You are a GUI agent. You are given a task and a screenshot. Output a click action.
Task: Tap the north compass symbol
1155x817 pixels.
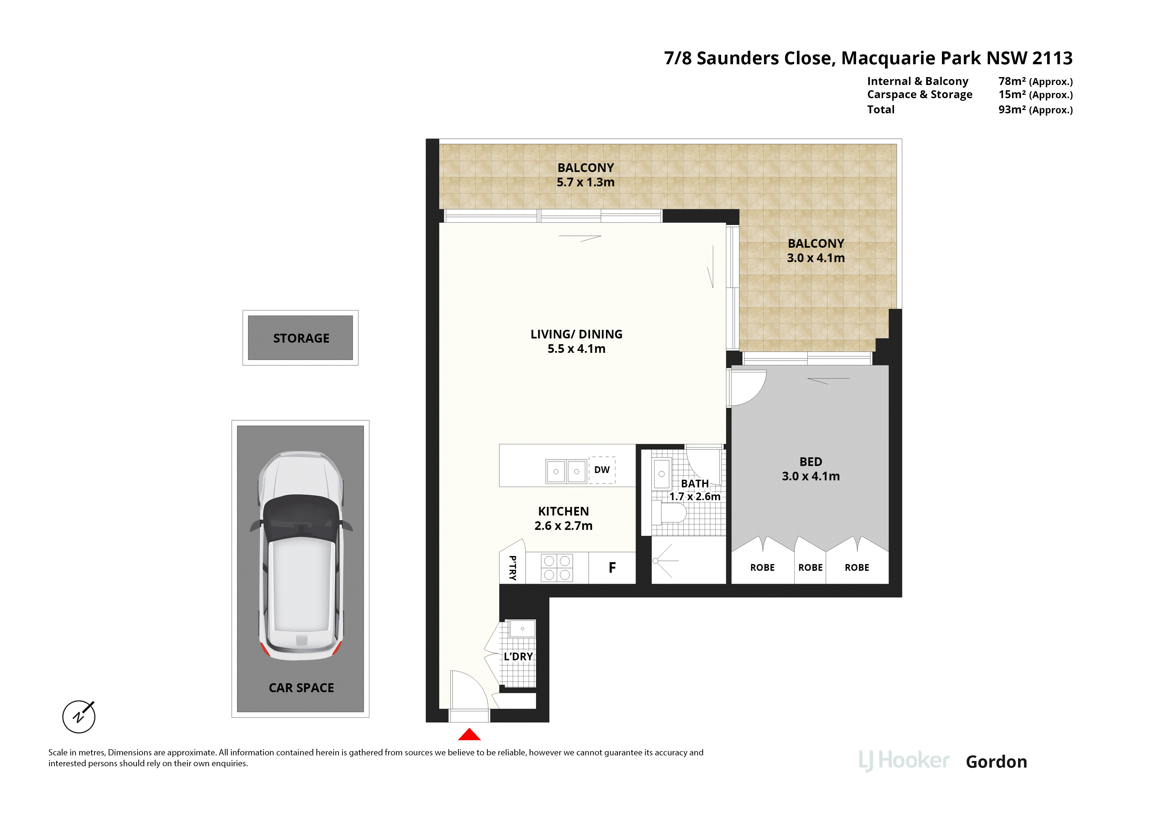pyautogui.click(x=79, y=716)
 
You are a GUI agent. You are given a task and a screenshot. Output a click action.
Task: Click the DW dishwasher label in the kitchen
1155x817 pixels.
pyautogui.click(x=602, y=470)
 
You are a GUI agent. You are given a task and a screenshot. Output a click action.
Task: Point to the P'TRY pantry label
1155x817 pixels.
pyautogui.click(x=513, y=568)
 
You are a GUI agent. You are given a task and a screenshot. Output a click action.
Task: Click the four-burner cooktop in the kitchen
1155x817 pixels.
pyautogui.click(x=557, y=568)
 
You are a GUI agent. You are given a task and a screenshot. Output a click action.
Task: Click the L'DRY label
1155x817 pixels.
pyautogui.click(x=518, y=657)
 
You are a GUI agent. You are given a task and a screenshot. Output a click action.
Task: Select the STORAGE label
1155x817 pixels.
pyautogui.click(x=301, y=338)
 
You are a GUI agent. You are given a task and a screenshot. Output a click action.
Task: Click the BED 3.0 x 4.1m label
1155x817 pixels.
pyautogui.click(x=811, y=469)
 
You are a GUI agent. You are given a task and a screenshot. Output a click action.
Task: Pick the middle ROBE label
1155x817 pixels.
pyautogui.click(x=810, y=567)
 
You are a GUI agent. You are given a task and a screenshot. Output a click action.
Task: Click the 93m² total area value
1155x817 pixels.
pyautogui.click(x=1012, y=109)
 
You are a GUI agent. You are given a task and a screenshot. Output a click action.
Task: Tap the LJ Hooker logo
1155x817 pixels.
pyautogui.click(x=904, y=761)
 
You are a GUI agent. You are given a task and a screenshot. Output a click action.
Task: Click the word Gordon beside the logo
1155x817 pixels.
pyautogui.click(x=997, y=762)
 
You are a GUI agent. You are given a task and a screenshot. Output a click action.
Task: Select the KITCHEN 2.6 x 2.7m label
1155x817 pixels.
pyautogui.click(x=563, y=519)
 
